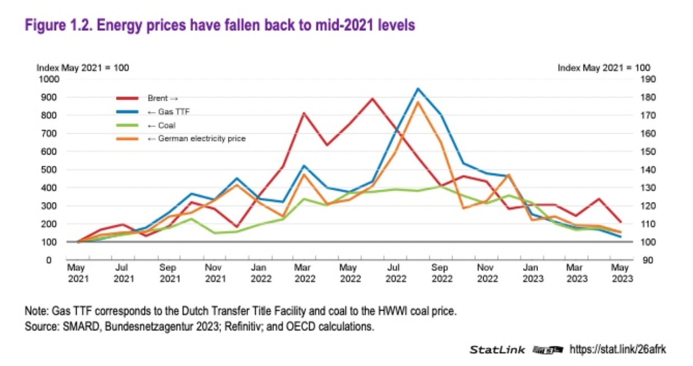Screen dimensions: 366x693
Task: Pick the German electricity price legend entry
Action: point(196,138)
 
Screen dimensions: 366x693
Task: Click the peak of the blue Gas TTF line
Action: point(418,88)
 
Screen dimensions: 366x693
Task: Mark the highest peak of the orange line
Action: point(418,102)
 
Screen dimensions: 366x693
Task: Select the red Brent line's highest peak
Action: point(372,98)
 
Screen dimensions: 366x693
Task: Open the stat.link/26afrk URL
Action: point(618,349)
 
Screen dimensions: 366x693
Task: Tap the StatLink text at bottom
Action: point(497,350)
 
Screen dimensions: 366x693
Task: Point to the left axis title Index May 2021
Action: point(83,68)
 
